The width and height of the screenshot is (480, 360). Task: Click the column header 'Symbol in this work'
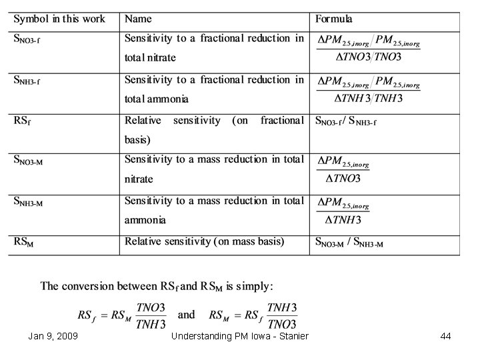coord(59,19)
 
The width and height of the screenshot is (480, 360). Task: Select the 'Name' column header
coord(138,19)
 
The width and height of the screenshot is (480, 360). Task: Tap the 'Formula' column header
coord(334,19)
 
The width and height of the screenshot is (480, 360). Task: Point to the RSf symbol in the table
coord(22,121)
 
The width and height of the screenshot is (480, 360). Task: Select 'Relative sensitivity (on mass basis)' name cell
coord(204,241)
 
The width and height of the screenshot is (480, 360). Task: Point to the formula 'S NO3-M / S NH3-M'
coord(349,243)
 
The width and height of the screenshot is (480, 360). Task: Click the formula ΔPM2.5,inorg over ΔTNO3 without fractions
coord(343,171)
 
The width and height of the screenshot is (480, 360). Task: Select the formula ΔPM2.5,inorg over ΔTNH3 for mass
coord(343,211)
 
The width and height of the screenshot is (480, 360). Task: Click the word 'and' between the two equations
coord(187,315)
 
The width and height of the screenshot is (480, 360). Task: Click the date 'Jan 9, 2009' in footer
coord(53,337)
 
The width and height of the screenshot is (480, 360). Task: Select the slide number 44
coord(445,337)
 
